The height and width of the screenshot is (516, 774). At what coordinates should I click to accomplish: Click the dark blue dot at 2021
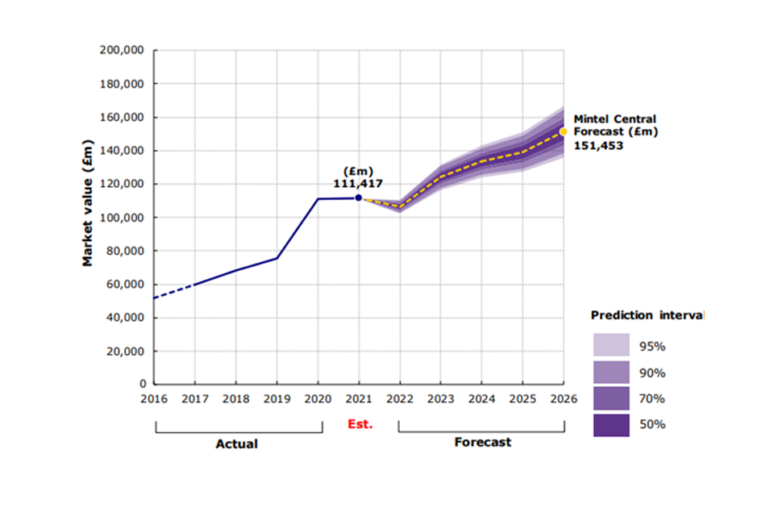pos(359,198)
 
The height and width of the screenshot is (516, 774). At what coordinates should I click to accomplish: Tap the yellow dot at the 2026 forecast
pos(564,131)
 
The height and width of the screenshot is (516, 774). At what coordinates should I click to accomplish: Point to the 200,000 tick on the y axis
pos(122,50)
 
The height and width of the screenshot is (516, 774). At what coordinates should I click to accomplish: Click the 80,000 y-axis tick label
pos(125,251)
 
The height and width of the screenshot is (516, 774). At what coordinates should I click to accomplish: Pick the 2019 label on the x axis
pos(277,399)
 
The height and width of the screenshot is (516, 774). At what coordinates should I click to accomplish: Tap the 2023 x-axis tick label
pos(440,399)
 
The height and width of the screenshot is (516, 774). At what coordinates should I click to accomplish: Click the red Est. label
pos(360,423)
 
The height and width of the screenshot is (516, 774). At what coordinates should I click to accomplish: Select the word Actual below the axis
pos(237,443)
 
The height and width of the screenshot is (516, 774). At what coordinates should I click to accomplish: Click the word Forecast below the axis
pos(482,442)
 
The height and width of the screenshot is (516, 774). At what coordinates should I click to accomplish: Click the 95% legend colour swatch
pos(611,346)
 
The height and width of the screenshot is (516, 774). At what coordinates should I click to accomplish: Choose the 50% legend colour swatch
pos(611,424)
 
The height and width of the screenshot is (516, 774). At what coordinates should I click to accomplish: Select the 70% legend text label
pos(654,398)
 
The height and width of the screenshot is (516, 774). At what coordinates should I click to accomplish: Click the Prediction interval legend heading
pos(647,314)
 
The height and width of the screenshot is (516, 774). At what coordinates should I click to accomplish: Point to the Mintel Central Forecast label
pos(615,126)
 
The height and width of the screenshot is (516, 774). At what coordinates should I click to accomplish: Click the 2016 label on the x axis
pos(154,399)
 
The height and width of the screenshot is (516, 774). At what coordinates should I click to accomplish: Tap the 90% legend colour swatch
pos(611,372)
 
